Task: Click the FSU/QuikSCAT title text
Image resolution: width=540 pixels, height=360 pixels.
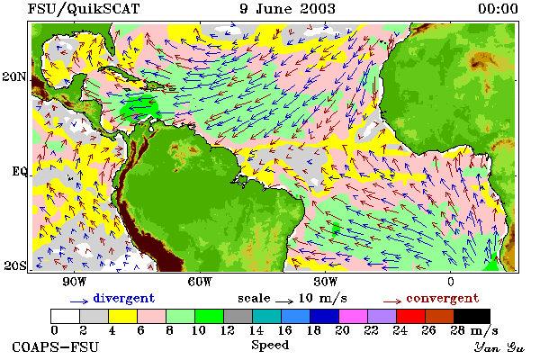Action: [x=84, y=9]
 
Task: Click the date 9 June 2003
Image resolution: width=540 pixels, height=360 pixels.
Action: [x=287, y=9]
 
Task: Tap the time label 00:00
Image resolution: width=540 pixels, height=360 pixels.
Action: [x=498, y=9]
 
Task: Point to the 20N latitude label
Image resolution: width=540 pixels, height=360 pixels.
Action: [x=14, y=76]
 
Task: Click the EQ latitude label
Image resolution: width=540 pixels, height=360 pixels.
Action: [x=19, y=171]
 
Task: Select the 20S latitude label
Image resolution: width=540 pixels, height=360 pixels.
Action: [x=14, y=265]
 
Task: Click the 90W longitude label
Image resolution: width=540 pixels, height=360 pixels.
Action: [x=74, y=282]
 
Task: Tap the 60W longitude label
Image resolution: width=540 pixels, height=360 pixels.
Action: [x=200, y=282]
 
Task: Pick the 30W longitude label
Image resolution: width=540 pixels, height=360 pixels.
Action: [x=326, y=282]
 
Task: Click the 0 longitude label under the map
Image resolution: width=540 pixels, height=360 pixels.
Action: [x=451, y=282]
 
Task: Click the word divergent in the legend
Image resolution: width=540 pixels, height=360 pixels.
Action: [x=124, y=298]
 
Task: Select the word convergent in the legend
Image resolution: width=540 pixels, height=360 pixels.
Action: [x=443, y=298]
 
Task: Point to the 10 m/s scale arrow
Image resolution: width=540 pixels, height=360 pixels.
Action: [x=284, y=301]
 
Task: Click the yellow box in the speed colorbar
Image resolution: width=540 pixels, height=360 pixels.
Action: [x=122, y=316]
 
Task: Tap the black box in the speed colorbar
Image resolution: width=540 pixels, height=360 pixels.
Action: [x=472, y=316]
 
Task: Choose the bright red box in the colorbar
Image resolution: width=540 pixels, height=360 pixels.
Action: [x=410, y=316]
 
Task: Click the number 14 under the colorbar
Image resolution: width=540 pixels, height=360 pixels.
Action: [x=256, y=330]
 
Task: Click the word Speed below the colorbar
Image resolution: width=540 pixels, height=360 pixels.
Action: [x=270, y=345]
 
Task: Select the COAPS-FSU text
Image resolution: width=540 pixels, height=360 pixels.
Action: [x=56, y=346]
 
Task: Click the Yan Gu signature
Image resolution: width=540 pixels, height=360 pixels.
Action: [x=499, y=347]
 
